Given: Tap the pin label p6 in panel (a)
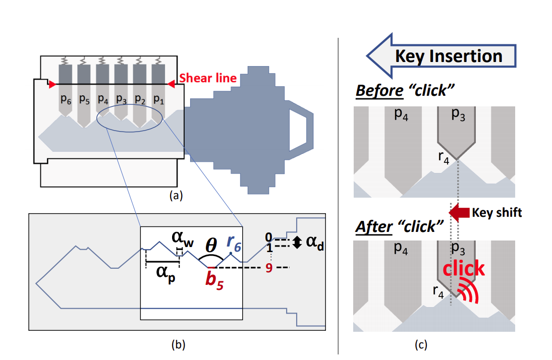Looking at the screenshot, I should coord(66,99).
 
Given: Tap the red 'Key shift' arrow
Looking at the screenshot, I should coord(459,212).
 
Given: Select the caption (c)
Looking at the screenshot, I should coord(420,345).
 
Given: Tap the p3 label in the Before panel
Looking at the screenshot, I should coord(458,114).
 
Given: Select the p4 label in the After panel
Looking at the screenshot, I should coord(401,249).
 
